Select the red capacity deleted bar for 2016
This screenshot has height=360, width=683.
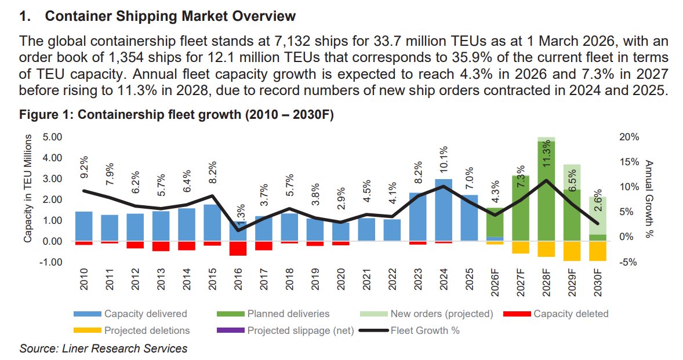[238, 248]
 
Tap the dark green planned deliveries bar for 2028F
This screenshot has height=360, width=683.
[546, 191]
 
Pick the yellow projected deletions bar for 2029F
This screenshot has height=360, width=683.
[572, 251]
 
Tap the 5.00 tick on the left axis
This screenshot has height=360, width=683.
[53, 137]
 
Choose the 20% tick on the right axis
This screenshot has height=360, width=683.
[628, 137]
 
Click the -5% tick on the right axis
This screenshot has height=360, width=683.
[628, 262]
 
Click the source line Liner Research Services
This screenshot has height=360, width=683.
[103, 348]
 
